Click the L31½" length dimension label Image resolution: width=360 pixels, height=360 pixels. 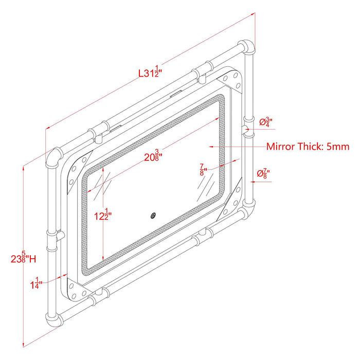(150, 72)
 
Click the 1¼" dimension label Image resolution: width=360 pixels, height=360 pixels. (37, 283)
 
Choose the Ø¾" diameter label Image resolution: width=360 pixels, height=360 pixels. (266, 121)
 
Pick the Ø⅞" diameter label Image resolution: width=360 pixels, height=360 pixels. (263, 173)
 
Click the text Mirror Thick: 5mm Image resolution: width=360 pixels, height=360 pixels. (308, 147)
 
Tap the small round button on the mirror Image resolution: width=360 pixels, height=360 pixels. (153, 215)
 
